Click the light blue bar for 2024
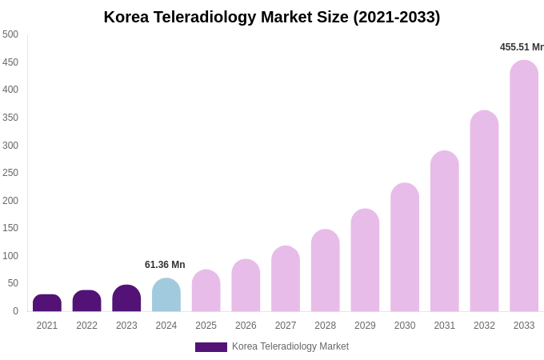pos(166,295)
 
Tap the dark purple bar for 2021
pos(47,303)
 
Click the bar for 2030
pos(405,247)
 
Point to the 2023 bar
pos(126,298)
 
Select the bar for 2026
pos(246,286)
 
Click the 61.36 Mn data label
pos(165,265)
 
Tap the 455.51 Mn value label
pos(522,47)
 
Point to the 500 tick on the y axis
pos(10,34)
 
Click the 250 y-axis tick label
pos(10,173)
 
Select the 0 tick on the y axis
pos(15,311)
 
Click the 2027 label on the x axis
pos(286,326)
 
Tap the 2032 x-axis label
pos(484,326)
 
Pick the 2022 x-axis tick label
pos(87,326)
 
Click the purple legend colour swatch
pos(211,347)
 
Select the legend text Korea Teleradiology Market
pos(290,346)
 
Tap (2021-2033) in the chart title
pos(397,17)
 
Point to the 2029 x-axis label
pos(365,326)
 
